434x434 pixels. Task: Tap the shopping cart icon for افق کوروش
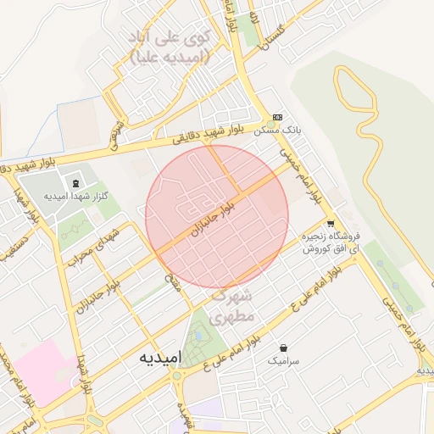[329, 225]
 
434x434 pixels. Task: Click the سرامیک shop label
[283, 361]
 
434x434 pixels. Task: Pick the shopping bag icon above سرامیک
[283, 348]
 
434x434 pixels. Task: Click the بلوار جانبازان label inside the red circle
[211, 220]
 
